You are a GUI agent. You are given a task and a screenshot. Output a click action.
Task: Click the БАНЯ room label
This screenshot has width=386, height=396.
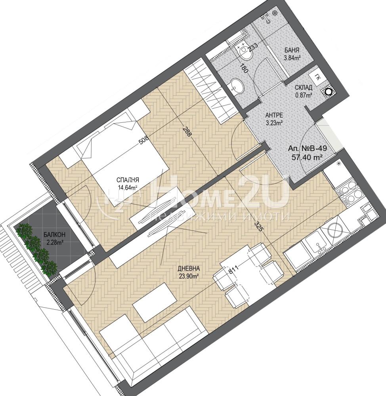292,51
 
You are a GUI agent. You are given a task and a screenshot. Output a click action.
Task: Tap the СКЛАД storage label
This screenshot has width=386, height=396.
304,88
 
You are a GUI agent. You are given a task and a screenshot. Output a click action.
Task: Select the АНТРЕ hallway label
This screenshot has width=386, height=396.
274,115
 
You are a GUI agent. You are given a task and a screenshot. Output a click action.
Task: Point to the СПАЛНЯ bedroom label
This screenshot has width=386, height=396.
128,180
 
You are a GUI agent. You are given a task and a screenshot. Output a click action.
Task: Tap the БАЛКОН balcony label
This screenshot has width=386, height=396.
54,235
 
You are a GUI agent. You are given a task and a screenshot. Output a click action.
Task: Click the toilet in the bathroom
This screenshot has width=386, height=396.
243,53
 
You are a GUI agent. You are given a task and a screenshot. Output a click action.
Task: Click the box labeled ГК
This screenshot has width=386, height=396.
318,77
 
